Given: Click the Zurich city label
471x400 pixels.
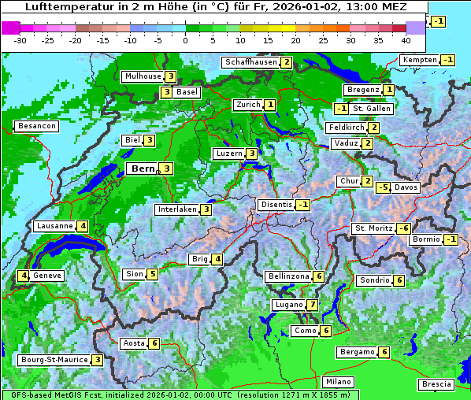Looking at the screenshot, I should click(x=247, y=105).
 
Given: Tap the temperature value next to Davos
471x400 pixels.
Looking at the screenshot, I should click(x=383, y=188).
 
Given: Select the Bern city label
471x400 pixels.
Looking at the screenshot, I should click(x=143, y=169).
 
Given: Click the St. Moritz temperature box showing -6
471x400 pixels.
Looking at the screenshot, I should click(x=403, y=228).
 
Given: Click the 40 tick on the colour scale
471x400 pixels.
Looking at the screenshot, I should click(x=406, y=39).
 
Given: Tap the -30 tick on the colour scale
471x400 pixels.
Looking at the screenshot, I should click(x=20, y=39).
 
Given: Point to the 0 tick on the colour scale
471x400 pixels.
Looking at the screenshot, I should click(x=185, y=39).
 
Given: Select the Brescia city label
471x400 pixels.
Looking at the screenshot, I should click(x=437, y=384).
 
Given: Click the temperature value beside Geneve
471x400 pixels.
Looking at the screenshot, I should click(x=24, y=276).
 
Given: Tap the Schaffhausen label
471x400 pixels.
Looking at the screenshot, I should click(x=251, y=62).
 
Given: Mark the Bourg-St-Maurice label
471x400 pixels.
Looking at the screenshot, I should click(x=54, y=360).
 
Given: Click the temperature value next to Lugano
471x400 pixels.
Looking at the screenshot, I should click(x=313, y=305).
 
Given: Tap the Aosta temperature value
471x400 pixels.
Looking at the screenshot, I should click(x=154, y=343).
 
